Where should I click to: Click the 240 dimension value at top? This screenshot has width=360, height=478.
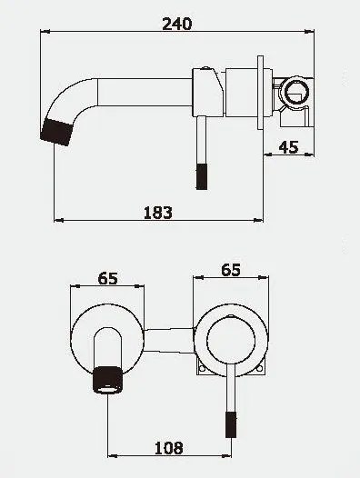pos(179,24)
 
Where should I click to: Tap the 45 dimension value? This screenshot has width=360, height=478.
pos(289,148)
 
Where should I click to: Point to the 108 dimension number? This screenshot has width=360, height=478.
pos(168,447)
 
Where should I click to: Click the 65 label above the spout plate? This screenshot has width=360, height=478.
pos(107,279)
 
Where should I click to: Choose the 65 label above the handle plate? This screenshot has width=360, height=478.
pos(230,270)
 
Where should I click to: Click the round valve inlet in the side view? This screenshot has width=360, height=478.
pos(294,91)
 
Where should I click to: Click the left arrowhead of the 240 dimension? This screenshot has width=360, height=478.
pos(46,35)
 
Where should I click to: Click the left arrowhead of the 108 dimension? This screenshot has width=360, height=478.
pos(111,457)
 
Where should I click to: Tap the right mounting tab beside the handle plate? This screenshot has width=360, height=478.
pos(265,368)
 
